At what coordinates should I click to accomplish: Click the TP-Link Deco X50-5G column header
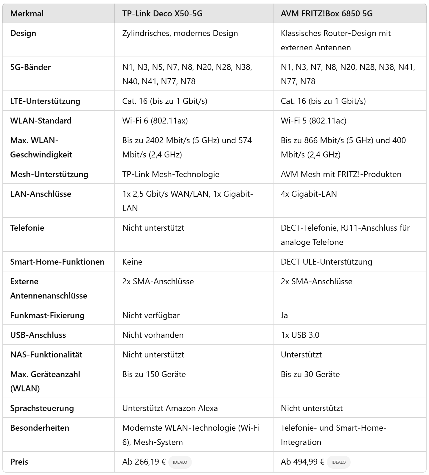coord(162,14)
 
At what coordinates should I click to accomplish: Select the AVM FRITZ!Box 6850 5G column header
coord(327,14)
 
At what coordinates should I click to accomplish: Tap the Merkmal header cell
coord(27,14)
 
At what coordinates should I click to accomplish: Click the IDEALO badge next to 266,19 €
coord(180,462)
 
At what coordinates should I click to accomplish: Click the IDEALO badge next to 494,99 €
coord(338,462)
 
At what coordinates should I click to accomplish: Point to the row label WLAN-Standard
coord(41,121)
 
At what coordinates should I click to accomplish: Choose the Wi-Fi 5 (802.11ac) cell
coord(313,121)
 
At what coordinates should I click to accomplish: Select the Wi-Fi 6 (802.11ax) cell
coord(155,121)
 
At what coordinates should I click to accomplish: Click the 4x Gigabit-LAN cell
coord(309,194)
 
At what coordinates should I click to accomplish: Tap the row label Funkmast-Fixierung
coord(47,315)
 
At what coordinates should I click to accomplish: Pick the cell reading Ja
coord(284,315)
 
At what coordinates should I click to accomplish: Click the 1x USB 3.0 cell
coord(300,335)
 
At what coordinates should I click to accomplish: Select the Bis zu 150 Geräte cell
coord(154,374)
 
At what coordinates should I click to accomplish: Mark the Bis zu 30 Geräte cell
coord(310,374)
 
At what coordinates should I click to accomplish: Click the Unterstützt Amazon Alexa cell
coord(170,408)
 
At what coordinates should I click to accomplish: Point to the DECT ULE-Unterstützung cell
coord(327,262)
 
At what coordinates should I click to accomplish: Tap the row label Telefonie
coord(27,228)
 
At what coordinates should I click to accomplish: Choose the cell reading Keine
coord(132,262)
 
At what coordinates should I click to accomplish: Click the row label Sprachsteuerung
coord(42,408)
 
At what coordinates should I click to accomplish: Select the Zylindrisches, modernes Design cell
coord(180,33)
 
